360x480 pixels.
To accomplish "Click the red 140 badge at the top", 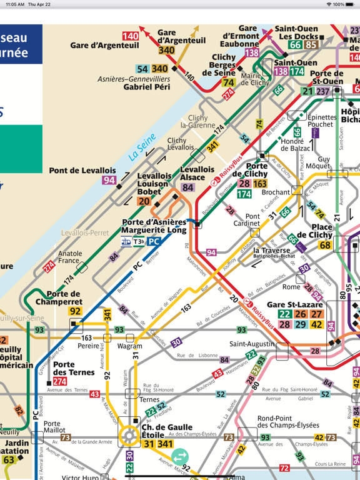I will click(131, 36).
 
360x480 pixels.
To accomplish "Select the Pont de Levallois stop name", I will click(82, 171).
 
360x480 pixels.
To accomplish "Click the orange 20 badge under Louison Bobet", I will click(144, 201).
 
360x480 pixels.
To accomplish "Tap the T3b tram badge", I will click(137, 241).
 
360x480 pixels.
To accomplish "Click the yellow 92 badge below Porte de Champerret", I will click(76, 311).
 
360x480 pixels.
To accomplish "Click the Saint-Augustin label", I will click(252, 344).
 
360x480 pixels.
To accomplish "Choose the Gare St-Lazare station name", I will click(293, 304).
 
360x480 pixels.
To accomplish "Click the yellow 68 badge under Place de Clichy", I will click(325, 245).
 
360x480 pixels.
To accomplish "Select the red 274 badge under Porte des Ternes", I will click(60, 381).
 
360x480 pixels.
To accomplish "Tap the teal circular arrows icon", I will click(180, 457).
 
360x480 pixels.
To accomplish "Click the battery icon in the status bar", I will click(351, 4).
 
